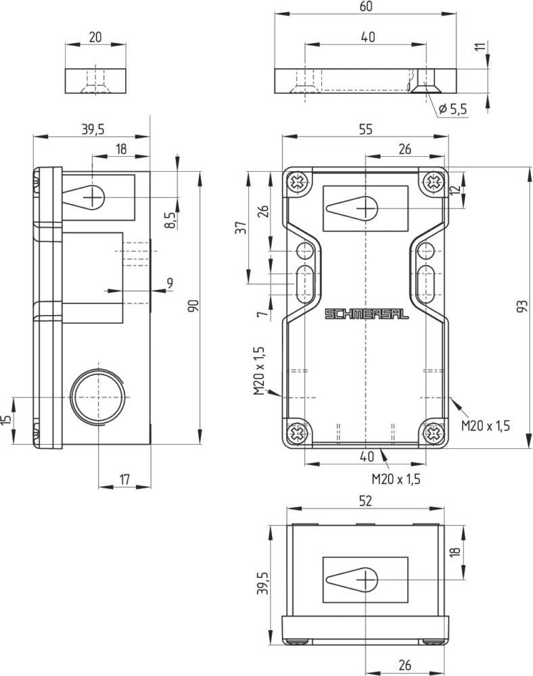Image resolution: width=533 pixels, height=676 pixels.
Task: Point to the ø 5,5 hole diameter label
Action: click(453, 108)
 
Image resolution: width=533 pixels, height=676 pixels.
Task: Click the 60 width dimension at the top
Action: click(366, 7)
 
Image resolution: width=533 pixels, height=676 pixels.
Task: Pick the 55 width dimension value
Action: click(365, 130)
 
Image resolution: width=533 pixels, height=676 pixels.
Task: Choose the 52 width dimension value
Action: click(365, 501)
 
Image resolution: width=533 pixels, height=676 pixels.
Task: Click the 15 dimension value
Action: click(6, 420)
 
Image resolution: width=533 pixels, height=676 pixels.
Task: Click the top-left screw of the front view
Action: click(297, 182)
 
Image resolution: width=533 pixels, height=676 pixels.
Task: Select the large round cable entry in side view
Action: click(98, 395)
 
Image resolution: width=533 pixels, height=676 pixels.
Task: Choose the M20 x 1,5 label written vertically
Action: click(258, 370)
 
